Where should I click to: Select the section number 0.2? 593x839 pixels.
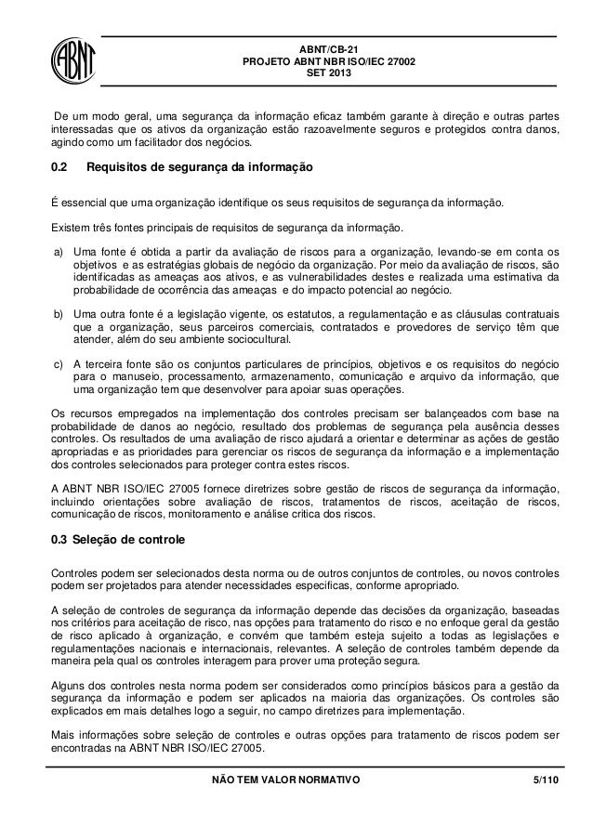point(60,171)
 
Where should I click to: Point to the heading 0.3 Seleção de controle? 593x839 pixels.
point(117,539)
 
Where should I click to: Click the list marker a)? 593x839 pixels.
point(59,252)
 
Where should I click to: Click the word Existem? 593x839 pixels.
point(72,227)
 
